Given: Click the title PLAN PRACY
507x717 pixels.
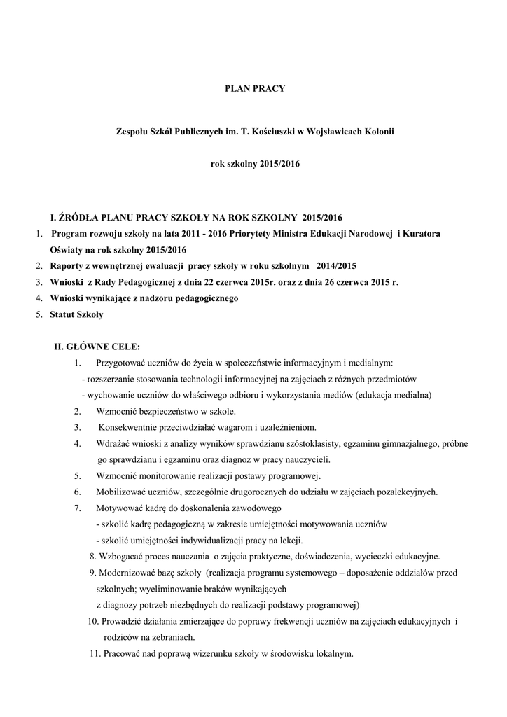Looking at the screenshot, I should [255, 89].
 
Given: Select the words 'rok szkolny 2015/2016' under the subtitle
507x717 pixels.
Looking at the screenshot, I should [255, 165].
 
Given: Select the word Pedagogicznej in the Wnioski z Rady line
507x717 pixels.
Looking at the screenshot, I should [152, 282].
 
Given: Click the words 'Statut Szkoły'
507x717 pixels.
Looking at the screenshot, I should [76, 314].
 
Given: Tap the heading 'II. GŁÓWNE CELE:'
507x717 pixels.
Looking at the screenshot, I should [97, 347].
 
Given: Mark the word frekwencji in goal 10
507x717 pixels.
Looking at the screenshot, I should [305, 622].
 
